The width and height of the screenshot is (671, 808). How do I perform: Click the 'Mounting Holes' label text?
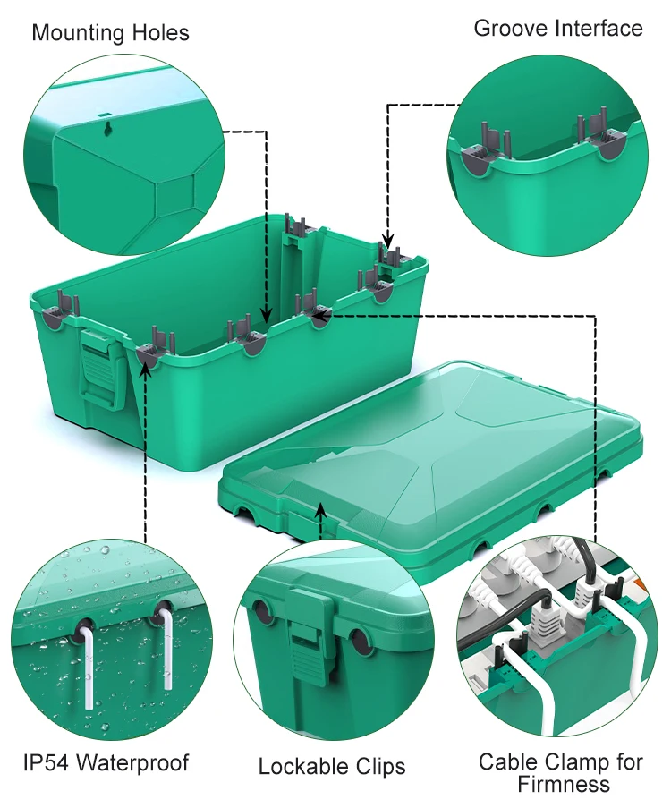110,33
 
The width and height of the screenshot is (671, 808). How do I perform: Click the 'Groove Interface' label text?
557,29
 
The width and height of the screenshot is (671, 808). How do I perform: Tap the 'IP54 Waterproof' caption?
106,763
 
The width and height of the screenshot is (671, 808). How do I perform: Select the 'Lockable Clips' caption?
332,767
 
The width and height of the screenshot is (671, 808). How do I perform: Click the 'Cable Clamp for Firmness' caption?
560,773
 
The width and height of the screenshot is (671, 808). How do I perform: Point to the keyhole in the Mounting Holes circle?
107,128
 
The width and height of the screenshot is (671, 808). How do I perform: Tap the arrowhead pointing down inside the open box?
266,315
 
